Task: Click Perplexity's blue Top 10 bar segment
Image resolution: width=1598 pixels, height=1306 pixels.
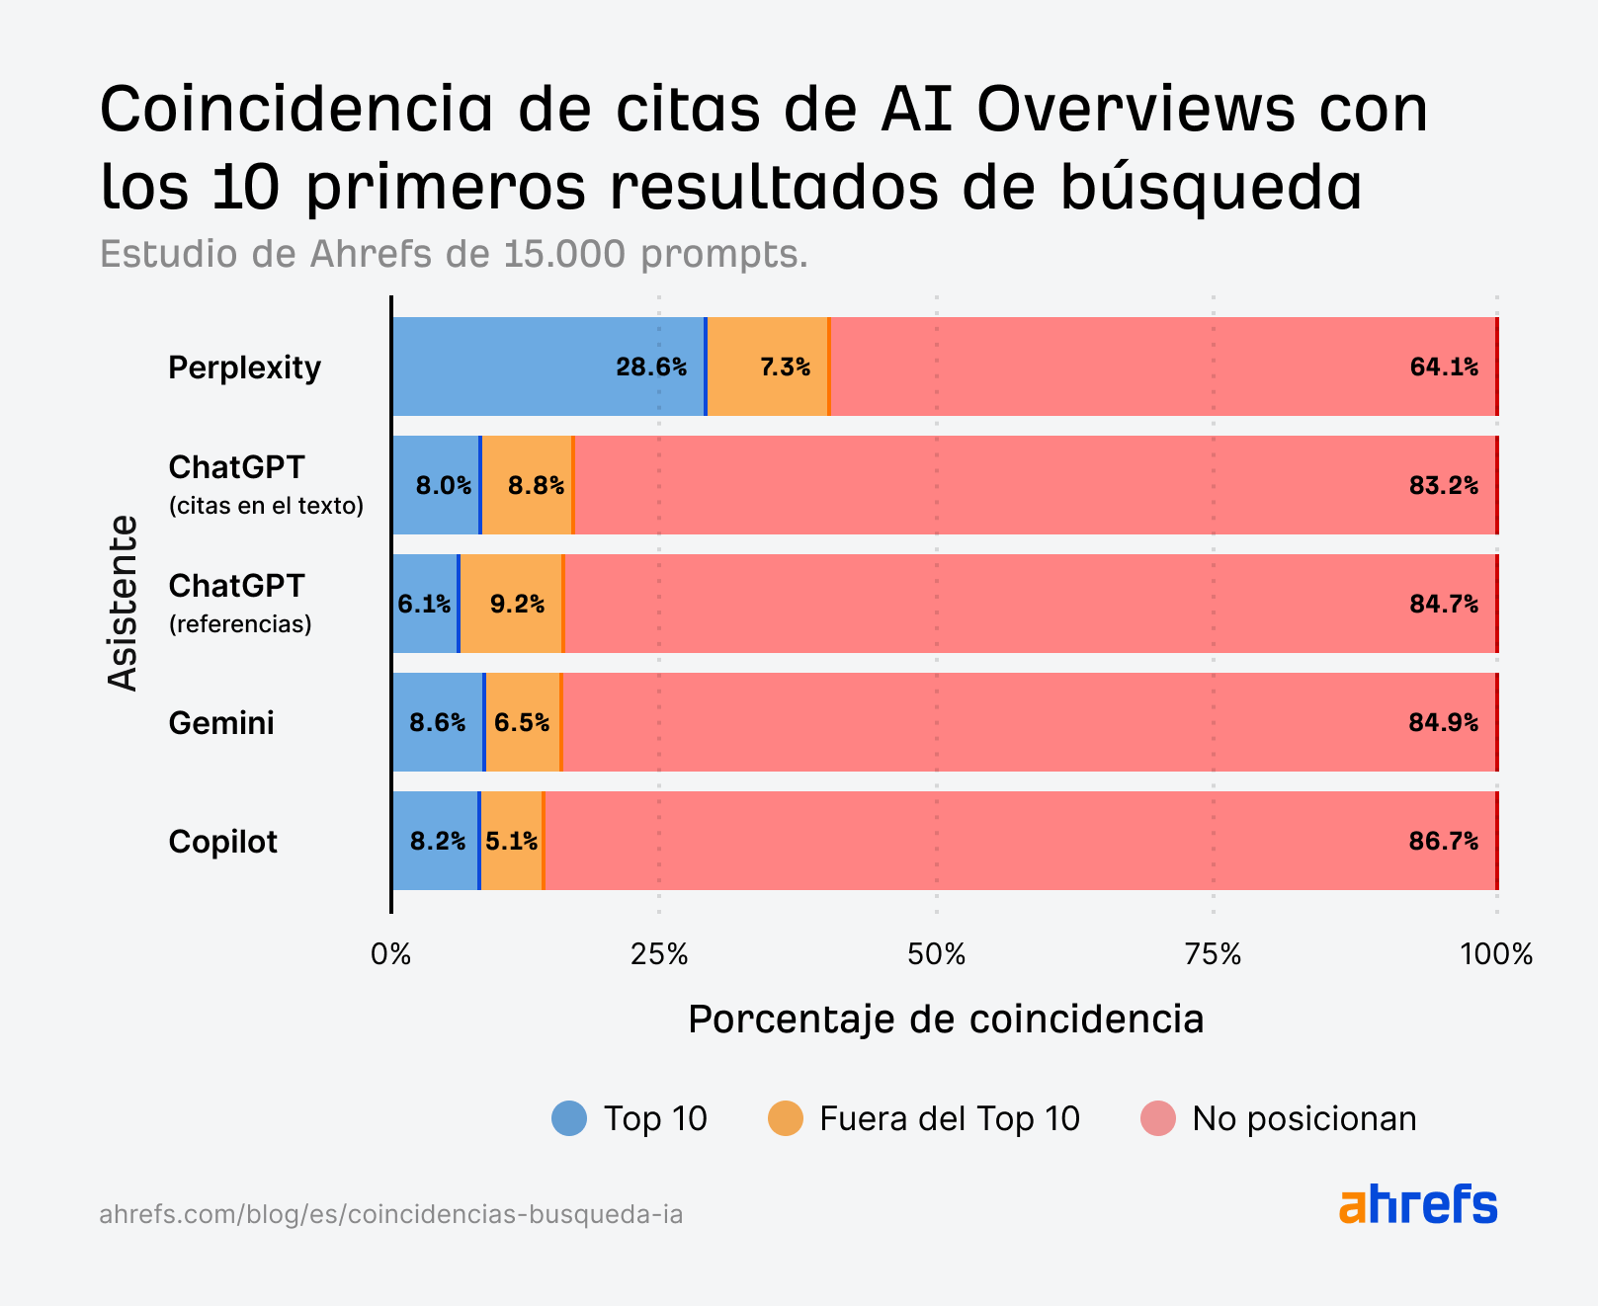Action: [548, 367]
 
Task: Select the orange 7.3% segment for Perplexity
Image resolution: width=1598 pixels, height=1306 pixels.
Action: [768, 367]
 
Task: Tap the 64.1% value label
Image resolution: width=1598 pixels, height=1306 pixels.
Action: [1444, 367]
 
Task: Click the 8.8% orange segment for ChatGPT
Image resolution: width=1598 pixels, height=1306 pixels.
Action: [527, 485]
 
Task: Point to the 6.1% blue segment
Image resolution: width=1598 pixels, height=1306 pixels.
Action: [425, 604]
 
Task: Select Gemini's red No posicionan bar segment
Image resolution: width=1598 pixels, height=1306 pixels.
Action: [1028, 722]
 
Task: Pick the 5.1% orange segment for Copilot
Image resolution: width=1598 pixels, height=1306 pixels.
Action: [511, 841]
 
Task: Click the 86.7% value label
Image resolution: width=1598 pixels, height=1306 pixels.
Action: [1444, 842]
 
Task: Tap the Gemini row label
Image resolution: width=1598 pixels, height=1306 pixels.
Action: [221, 723]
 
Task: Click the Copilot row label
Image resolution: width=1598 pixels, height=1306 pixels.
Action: [222, 842]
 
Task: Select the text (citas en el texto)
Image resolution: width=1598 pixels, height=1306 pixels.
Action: [266, 506]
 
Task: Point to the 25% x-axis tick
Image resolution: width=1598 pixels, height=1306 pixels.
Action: [659, 954]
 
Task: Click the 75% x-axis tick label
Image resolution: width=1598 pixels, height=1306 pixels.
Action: [1213, 954]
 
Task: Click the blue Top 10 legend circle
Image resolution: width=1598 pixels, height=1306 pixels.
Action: [569, 1118]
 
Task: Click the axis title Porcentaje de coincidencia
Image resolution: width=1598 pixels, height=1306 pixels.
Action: [946, 1019]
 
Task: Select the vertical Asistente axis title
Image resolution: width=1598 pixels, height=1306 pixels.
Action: [124, 603]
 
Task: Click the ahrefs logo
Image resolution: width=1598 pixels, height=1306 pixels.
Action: [1418, 1204]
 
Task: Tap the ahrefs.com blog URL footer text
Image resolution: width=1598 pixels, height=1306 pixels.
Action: [391, 1214]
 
